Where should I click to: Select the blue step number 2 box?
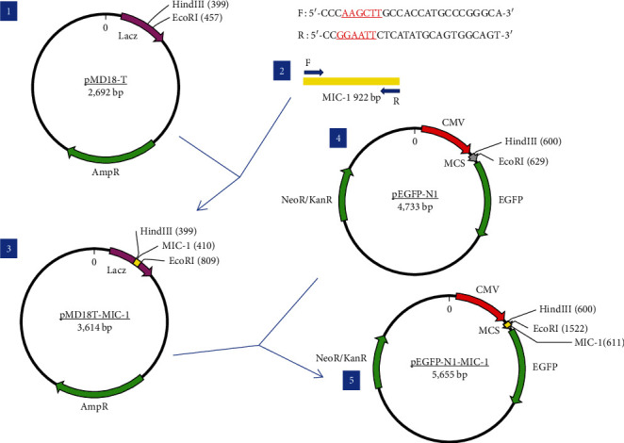(280, 72)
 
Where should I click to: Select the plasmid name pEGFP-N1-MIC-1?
(452, 359)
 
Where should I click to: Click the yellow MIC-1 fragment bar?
(351, 82)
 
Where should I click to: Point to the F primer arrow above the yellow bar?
(313, 71)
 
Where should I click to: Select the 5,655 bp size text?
(452, 372)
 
